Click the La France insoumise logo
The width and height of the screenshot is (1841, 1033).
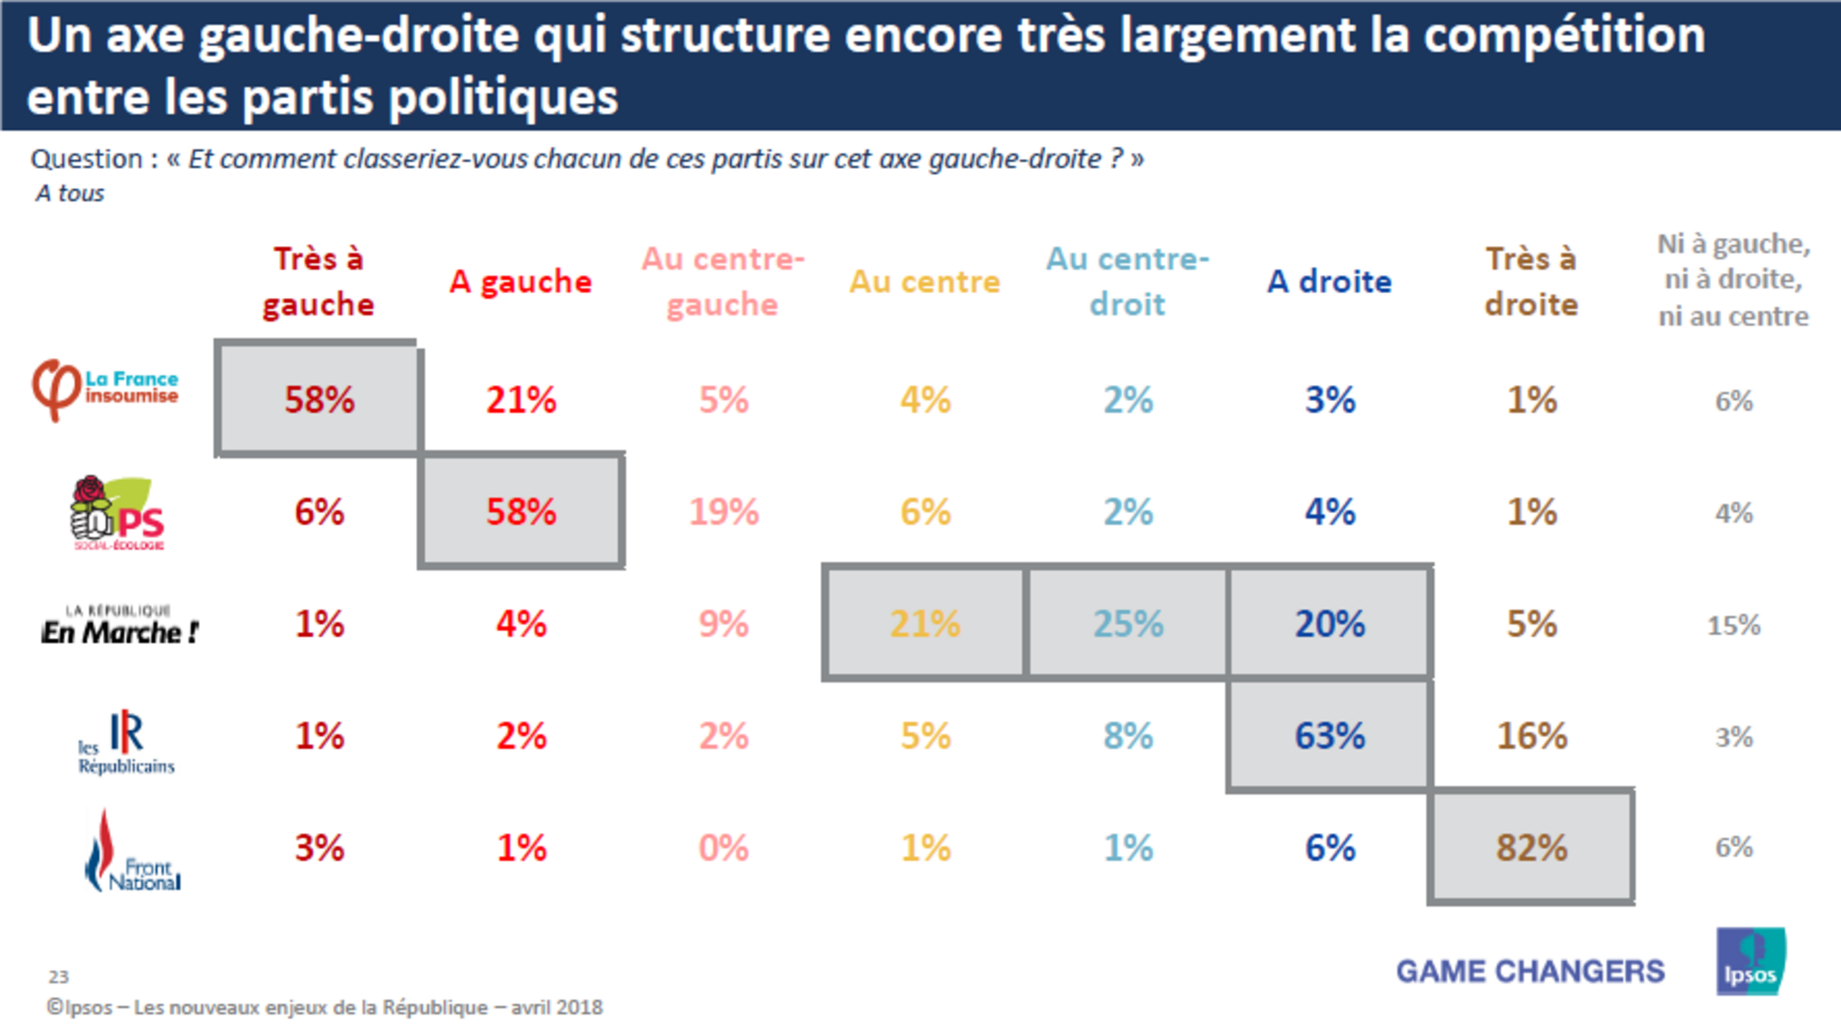(x=105, y=390)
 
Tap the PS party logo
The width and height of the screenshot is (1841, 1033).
(x=117, y=513)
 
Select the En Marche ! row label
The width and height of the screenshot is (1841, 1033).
(x=120, y=625)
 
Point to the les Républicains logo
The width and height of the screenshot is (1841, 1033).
(x=126, y=742)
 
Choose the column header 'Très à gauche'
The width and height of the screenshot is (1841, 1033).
(x=318, y=282)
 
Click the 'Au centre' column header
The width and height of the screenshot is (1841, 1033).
(x=925, y=282)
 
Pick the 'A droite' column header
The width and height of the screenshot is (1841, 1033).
(x=1329, y=282)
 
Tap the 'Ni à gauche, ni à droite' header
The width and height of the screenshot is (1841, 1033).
(x=1733, y=280)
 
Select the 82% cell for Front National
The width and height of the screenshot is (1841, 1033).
(x=1531, y=848)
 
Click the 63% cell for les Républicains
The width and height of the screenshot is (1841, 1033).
(x=1329, y=736)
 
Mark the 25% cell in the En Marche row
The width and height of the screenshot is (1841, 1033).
(x=1127, y=624)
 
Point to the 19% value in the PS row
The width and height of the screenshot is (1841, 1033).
(x=723, y=512)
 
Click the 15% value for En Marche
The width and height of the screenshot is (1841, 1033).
(x=1733, y=625)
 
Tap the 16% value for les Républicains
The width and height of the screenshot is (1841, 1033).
(x=1531, y=736)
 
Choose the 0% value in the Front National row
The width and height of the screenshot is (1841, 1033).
(x=723, y=848)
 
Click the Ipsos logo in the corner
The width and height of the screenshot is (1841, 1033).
(x=1751, y=962)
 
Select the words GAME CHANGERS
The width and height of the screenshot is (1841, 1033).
(x=1530, y=971)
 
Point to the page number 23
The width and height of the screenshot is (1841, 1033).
(x=59, y=977)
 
